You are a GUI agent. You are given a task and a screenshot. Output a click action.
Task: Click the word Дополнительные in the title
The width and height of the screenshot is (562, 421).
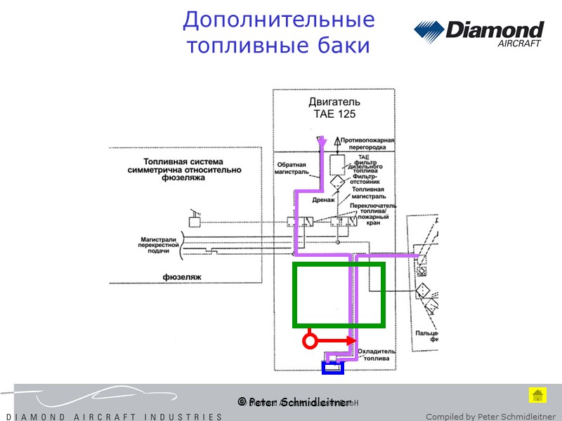point(278,20)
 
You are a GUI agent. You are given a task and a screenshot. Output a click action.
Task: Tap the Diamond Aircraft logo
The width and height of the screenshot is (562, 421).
point(478,33)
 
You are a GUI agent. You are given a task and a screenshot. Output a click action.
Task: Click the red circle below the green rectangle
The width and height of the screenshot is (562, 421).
point(308,342)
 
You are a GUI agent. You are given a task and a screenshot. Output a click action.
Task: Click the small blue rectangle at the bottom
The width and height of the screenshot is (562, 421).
point(332,368)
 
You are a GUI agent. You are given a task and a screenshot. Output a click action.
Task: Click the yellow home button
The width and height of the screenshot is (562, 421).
point(537,395)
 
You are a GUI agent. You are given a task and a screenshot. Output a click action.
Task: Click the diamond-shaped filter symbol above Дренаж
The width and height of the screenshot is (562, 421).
point(337,183)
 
